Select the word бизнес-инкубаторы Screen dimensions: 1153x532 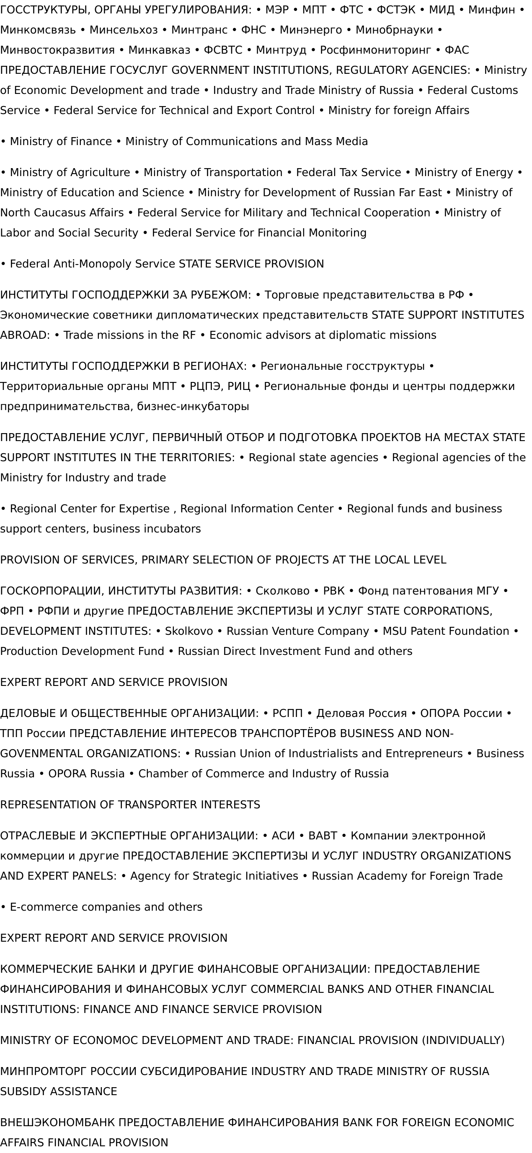[x=193, y=406]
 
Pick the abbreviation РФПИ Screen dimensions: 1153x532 [x=54, y=611]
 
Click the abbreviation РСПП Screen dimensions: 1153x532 [x=287, y=713]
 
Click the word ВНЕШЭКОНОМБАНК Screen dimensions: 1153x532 [x=58, y=1122]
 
